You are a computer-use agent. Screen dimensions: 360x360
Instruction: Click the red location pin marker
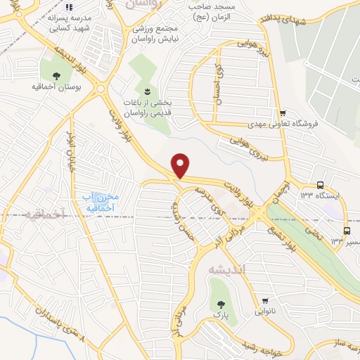point(181,165)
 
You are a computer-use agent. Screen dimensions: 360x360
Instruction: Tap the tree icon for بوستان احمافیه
point(56,75)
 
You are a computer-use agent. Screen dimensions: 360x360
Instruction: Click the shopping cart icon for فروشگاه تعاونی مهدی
point(283,113)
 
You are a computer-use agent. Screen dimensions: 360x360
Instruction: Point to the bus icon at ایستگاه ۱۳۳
point(320,185)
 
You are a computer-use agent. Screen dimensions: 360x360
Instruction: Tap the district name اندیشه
point(224,268)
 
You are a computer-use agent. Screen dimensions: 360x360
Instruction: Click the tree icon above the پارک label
point(222,304)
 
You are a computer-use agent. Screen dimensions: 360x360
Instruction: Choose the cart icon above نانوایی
point(265,300)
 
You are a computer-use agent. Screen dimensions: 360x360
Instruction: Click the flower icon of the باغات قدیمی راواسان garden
point(147,91)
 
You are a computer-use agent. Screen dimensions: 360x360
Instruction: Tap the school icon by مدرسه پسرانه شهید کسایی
point(69,8)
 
